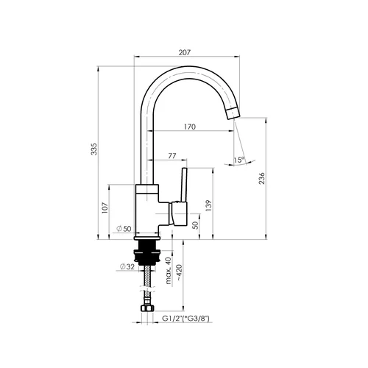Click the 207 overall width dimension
point(185,52)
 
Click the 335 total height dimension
point(94,149)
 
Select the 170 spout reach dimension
point(190,127)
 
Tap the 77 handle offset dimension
point(172,156)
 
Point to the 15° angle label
point(239,160)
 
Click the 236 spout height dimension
point(262,178)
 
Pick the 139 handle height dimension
point(208,206)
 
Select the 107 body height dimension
point(105,208)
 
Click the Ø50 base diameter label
point(124,229)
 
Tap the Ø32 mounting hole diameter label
point(127,266)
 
